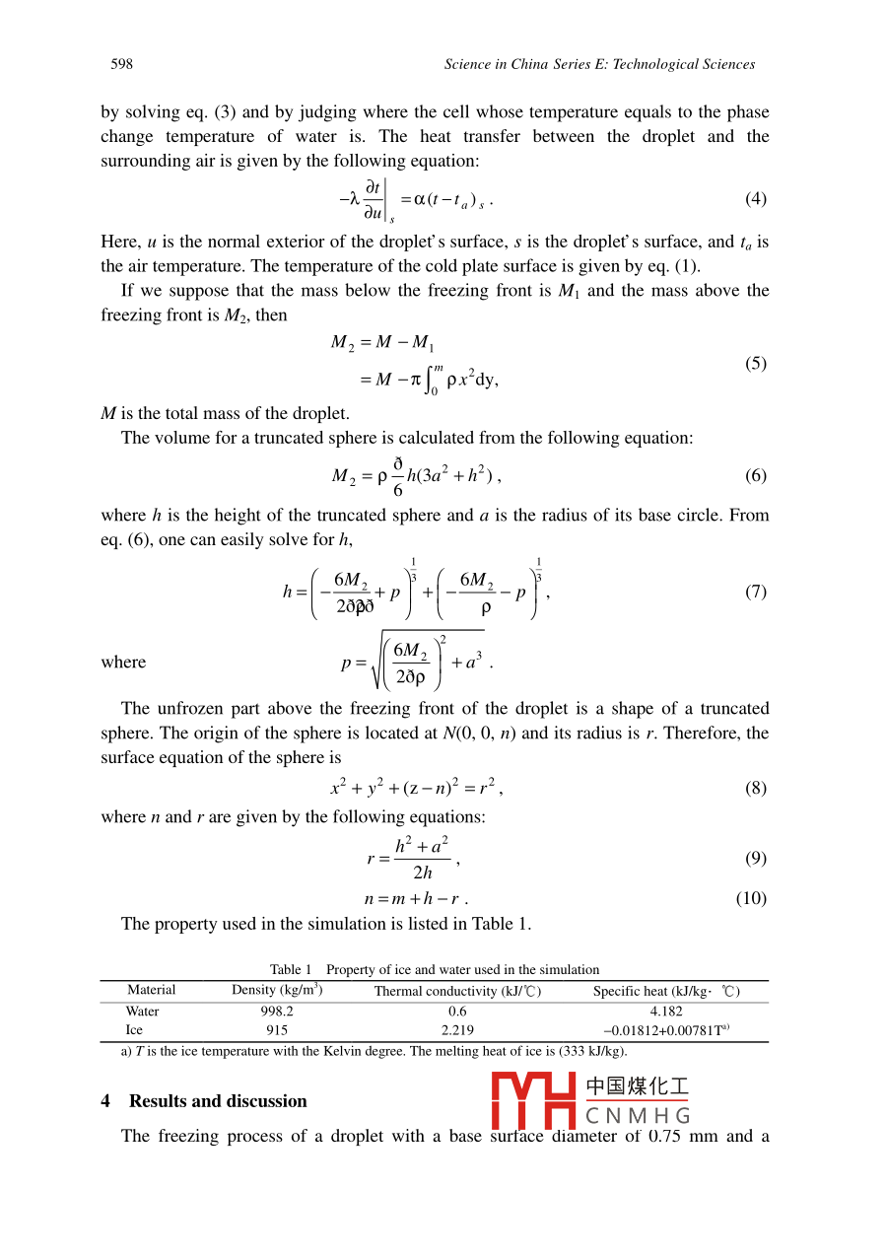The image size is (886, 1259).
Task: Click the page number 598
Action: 121,64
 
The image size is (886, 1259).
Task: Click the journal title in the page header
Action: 599,64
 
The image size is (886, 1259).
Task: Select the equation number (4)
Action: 755,198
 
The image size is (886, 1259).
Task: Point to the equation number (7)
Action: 755,592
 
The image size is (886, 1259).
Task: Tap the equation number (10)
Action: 751,898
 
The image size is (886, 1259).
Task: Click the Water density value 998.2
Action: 276,1011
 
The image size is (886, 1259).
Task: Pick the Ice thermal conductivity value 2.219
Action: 457,1029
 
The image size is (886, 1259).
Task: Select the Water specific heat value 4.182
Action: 666,1011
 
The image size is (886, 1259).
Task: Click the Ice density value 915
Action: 277,1029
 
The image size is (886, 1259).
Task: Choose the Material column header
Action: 151,990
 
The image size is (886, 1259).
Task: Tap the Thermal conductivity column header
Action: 457,991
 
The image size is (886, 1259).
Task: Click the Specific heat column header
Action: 666,991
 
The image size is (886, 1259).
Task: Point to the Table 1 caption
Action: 435,969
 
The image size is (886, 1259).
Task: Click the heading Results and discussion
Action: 217,1101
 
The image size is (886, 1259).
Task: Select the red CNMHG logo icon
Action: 534,1101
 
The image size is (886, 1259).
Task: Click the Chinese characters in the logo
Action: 637,1087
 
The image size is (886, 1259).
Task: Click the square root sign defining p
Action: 377,661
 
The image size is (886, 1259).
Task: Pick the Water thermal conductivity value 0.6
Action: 457,1011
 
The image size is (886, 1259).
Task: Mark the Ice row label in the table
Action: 134,1029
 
